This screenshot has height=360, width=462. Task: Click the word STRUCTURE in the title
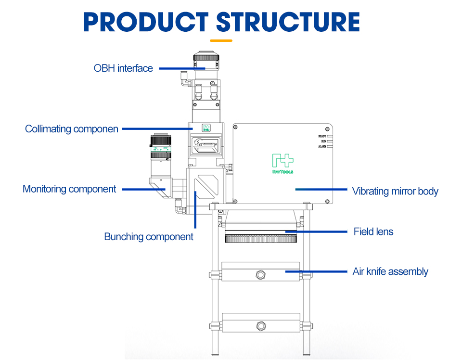click(x=288, y=22)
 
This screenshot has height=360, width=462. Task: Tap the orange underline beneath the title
click(x=221, y=41)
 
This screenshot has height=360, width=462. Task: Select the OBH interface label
click(x=123, y=68)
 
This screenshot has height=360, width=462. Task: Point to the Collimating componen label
click(x=72, y=129)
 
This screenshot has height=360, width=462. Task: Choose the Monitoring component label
click(x=69, y=189)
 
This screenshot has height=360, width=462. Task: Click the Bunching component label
click(x=149, y=237)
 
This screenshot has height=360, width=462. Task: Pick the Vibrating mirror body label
click(x=395, y=192)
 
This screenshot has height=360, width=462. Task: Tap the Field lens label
click(x=373, y=231)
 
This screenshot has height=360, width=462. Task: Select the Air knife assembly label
click(x=390, y=271)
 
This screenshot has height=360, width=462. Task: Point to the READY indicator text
click(x=322, y=137)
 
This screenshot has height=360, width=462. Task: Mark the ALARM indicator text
click(x=322, y=146)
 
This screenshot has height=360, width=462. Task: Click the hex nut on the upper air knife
click(x=261, y=275)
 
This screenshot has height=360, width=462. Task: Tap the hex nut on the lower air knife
click(x=261, y=325)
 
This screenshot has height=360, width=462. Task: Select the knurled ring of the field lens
click(x=261, y=238)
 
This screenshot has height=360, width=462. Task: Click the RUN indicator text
click(x=323, y=141)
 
